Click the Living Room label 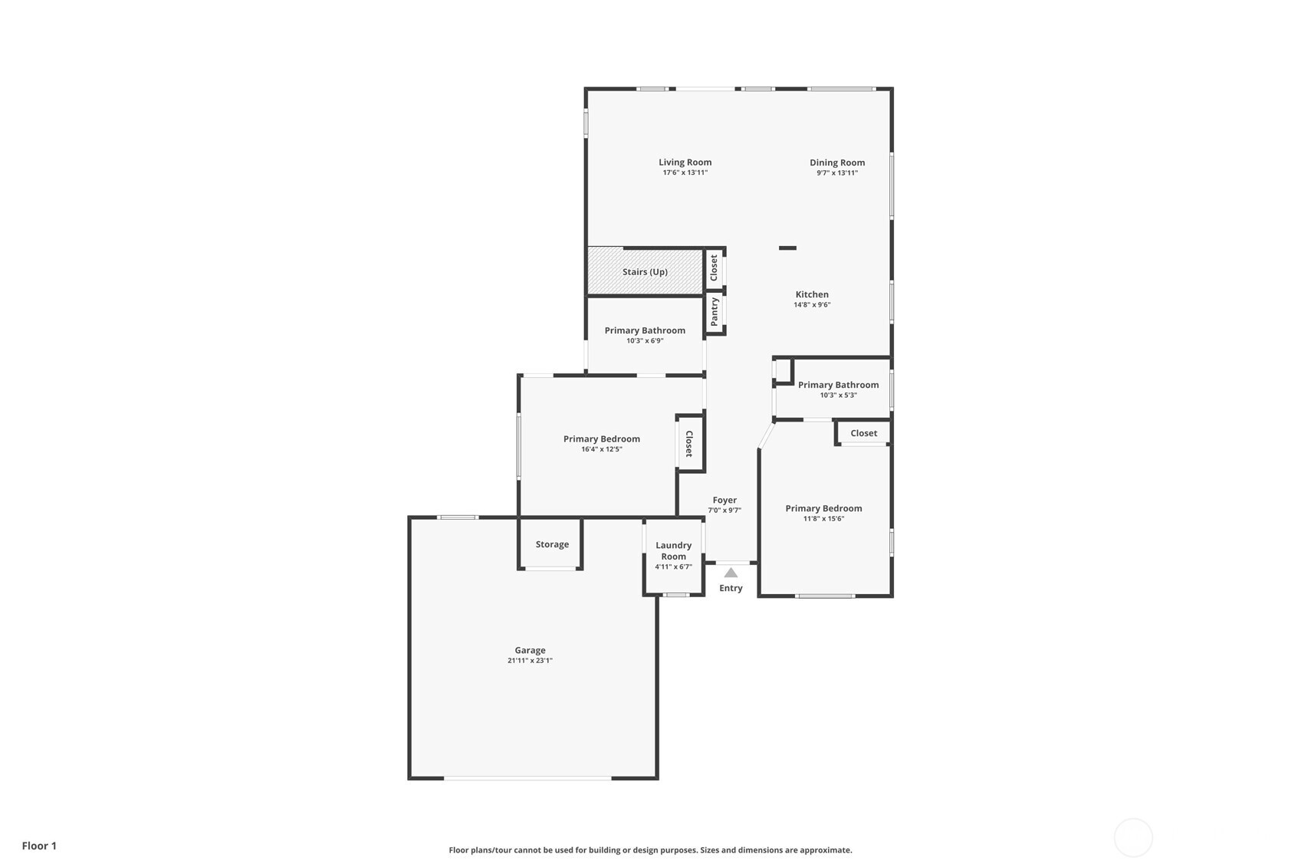pyautogui.click(x=685, y=163)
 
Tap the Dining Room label pyautogui.click(x=837, y=163)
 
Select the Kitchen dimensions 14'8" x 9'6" pyautogui.click(x=812, y=305)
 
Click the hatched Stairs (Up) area pyautogui.click(x=646, y=271)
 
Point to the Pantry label pyautogui.click(x=715, y=312)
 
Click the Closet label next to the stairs pyautogui.click(x=714, y=268)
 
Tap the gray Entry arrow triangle pyautogui.click(x=731, y=573)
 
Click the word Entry pyautogui.click(x=731, y=588)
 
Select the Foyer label pyautogui.click(x=724, y=500)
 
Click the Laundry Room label pyautogui.click(x=674, y=550)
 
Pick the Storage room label pyautogui.click(x=552, y=544)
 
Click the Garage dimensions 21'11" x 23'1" pyautogui.click(x=530, y=660)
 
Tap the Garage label pyautogui.click(x=530, y=650)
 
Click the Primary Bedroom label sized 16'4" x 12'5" pyautogui.click(x=602, y=439)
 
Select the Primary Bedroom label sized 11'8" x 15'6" pyautogui.click(x=823, y=508)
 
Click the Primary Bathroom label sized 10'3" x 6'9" pyautogui.click(x=645, y=330)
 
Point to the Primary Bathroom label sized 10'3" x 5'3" pyautogui.click(x=838, y=385)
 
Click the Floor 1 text pyautogui.click(x=40, y=846)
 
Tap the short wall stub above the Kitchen pyautogui.click(x=787, y=248)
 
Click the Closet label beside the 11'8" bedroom pyautogui.click(x=864, y=433)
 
